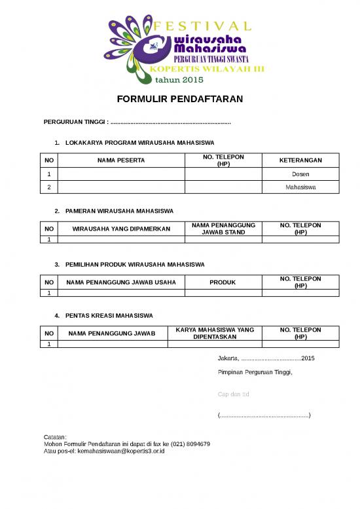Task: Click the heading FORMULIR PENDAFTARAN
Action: coord(180,100)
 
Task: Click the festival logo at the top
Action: coord(180,49)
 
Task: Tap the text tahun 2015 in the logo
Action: coord(179,80)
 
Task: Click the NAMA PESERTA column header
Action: coord(121,160)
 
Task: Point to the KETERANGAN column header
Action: coord(300,160)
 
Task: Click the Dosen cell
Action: coord(300,174)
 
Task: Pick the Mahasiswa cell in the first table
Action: coord(300,187)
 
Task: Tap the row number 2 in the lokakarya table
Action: coord(48,187)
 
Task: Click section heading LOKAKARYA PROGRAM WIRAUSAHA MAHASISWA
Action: coord(139,143)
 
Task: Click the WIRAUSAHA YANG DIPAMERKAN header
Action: coord(121,229)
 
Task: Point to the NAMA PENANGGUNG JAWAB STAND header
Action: coord(223,229)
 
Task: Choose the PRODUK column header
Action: coord(223,282)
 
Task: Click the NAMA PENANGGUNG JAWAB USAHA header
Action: coord(121,282)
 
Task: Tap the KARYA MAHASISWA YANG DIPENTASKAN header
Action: coord(223,333)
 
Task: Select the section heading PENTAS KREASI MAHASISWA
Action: coord(109,316)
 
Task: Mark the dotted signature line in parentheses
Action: coord(264,415)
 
